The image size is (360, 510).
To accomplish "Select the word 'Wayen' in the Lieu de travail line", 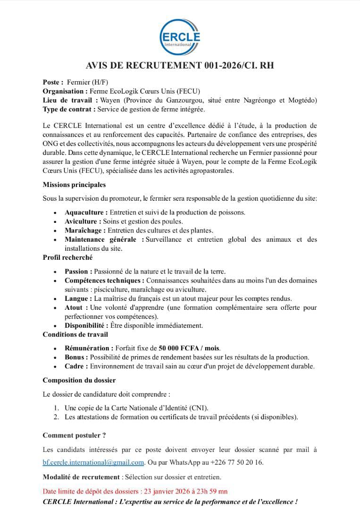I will (x=111, y=100).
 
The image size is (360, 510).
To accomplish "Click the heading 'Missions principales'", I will (x=74, y=185).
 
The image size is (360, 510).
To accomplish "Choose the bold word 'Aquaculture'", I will (x=85, y=212).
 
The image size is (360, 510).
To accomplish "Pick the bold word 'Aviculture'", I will (x=83, y=221).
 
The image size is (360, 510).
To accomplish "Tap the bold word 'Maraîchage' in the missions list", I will (x=85, y=230).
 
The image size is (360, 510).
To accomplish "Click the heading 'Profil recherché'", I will (x=67, y=257).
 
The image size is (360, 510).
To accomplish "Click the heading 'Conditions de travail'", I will (x=75, y=334).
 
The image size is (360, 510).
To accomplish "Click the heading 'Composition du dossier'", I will (x=79, y=380).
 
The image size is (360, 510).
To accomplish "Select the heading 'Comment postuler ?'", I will (x=74, y=435).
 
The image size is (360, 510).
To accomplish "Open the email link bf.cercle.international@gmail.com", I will (x=93, y=462).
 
